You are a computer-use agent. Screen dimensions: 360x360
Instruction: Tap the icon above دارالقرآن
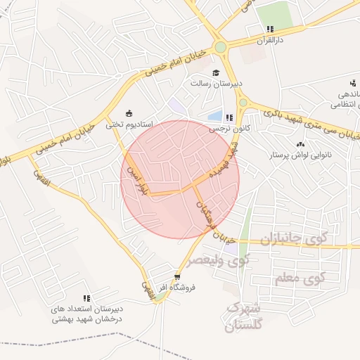pyautogui.click(x=269, y=30)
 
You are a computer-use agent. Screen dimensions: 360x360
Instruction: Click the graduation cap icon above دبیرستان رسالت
pyautogui.click(x=216, y=72)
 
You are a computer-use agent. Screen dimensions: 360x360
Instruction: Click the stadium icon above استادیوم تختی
pyautogui.click(x=128, y=112)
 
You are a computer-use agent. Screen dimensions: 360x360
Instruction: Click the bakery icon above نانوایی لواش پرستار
pyautogui.click(x=301, y=143)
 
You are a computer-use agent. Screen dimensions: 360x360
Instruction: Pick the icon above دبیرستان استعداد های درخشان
pyautogui.click(x=86, y=298)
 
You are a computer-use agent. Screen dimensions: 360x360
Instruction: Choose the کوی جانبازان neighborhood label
pyautogui.click(x=297, y=240)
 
